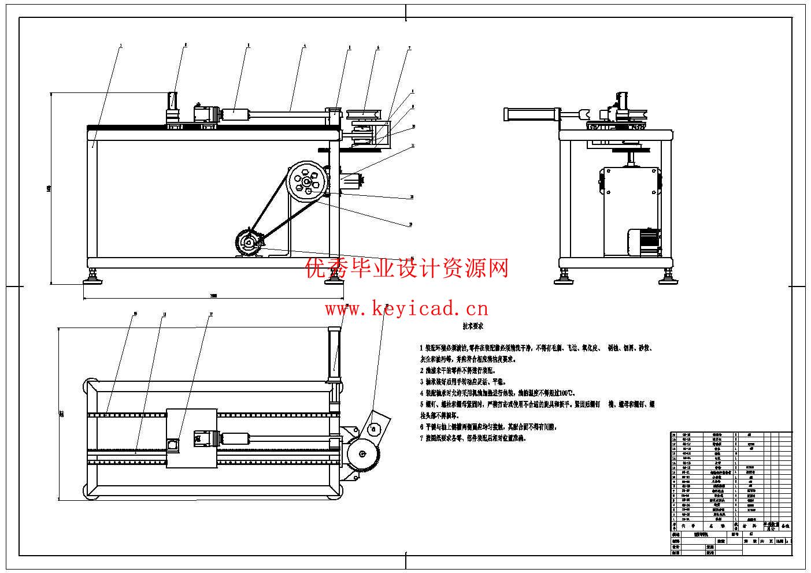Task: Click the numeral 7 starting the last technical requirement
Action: pyautogui.click(x=421, y=438)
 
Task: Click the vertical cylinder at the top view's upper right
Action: pyautogui.click(x=334, y=352)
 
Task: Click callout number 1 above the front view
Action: pyautogui.click(x=120, y=45)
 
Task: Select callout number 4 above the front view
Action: pyautogui.click(x=304, y=45)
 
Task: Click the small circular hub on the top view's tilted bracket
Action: pyautogui.click(x=374, y=428)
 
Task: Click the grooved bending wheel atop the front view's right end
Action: pyautogui.click(x=362, y=111)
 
